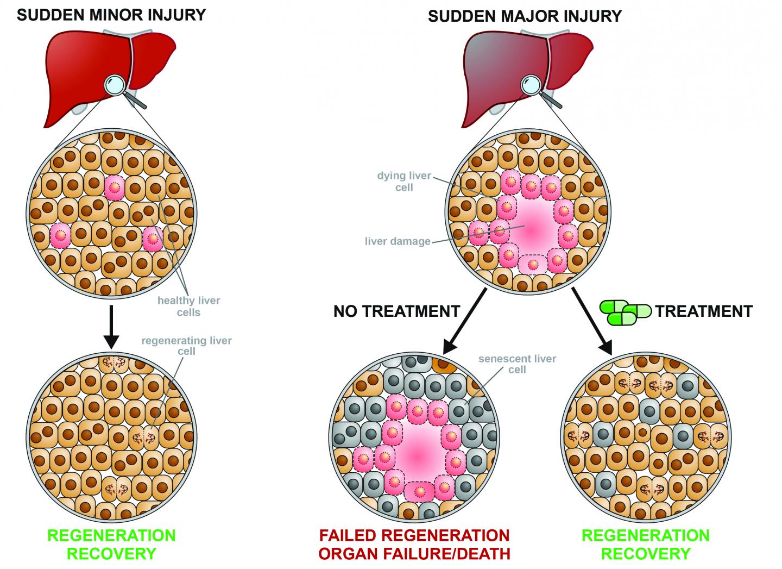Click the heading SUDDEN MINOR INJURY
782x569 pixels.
click(x=111, y=14)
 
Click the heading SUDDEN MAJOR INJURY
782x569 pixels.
click(x=524, y=16)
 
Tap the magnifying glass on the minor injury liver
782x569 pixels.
click(x=117, y=85)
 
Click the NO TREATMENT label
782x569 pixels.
click(x=396, y=311)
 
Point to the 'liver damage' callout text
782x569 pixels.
click(x=397, y=241)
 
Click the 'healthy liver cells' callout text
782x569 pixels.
click(x=188, y=306)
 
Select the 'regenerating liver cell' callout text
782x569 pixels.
click(x=186, y=346)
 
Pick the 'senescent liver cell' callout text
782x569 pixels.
click(x=517, y=364)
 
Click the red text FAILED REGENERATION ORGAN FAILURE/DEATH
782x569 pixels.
click(x=414, y=545)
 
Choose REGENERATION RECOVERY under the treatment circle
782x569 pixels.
click(x=645, y=545)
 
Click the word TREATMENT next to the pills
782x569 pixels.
click(x=704, y=311)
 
